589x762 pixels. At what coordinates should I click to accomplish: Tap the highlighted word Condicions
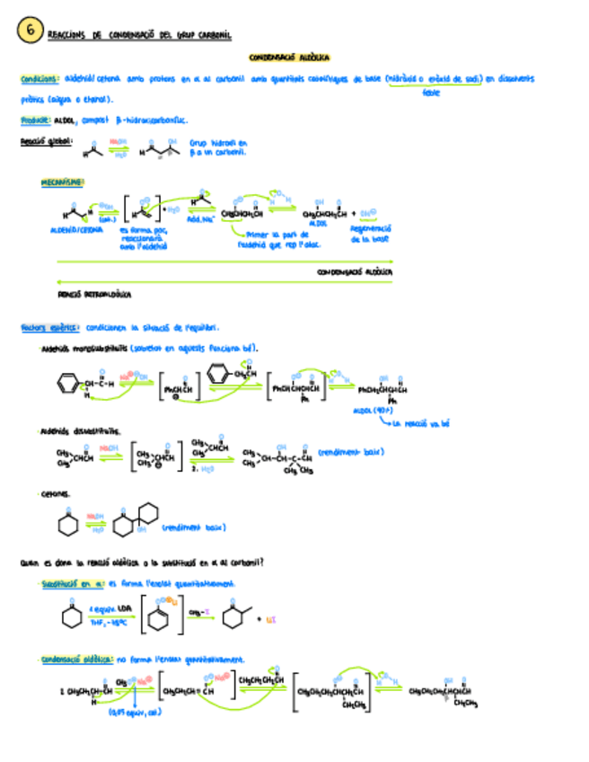click(x=40, y=79)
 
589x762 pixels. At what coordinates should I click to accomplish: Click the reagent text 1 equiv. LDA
click(x=104, y=607)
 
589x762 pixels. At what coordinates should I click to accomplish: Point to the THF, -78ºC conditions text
click(x=105, y=622)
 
